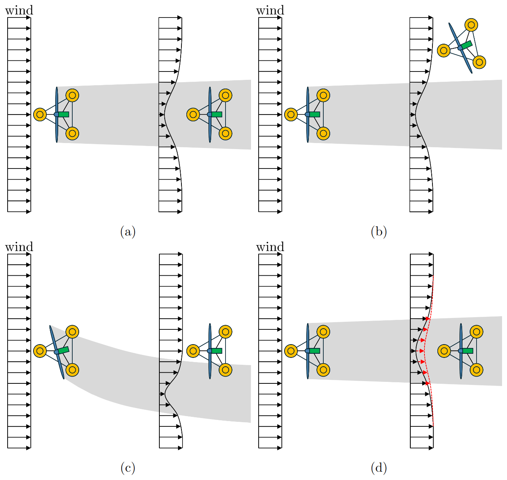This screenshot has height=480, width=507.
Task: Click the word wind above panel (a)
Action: pyautogui.click(x=19, y=10)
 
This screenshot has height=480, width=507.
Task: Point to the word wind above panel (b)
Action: pyautogui.click(x=270, y=10)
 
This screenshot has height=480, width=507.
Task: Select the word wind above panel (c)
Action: pyautogui.click(x=19, y=247)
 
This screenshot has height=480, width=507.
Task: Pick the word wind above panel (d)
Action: pyautogui.click(x=270, y=247)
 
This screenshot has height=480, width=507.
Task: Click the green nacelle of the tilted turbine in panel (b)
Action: pyautogui.click(x=466, y=45)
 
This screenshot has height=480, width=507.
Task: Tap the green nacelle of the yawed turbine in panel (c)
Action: pyautogui.click(x=64, y=350)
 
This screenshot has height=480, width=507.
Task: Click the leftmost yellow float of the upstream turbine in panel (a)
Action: pyautogui.click(x=40, y=114)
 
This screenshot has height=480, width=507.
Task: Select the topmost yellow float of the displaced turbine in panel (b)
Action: pyautogui.click(x=471, y=25)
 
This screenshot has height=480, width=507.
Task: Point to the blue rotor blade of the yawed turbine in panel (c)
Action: pyautogui.click(x=57, y=352)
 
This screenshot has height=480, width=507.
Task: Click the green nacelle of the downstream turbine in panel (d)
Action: pyautogui.click(x=467, y=351)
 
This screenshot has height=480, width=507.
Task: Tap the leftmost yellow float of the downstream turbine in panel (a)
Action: pyautogui.click(x=193, y=114)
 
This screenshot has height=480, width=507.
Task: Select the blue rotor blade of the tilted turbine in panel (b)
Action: pyautogui.click(x=460, y=48)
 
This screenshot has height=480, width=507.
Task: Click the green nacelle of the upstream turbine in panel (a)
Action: pyautogui.click(x=64, y=114)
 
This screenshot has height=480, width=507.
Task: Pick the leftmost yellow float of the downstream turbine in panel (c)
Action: pyautogui.click(x=193, y=351)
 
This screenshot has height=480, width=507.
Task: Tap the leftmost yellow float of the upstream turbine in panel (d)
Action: pyautogui.click(x=291, y=351)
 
